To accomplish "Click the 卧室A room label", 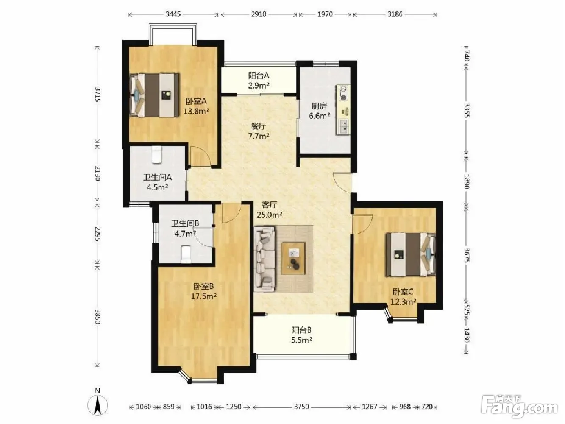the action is coord(196,101).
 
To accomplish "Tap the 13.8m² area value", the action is coord(196,111).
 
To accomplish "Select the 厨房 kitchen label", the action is coord(319,106).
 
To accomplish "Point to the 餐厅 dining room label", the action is coord(259,126).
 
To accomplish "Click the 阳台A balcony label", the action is coord(259,75).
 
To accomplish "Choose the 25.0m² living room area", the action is coord(269,215).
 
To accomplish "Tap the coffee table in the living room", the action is coord(293,258).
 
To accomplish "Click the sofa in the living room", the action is coord(264,259).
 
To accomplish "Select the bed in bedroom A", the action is coord(154,95).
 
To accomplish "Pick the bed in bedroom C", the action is coord(410,254).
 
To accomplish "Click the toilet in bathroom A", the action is coord(156,154).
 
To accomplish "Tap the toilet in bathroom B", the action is coord(186,254).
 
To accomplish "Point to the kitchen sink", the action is coord(344,127).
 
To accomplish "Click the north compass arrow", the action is coord(97,405).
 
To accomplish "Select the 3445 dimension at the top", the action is coord(173,14).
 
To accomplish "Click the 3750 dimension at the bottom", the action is coord(301,407).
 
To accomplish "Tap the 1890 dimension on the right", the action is coord(467,181).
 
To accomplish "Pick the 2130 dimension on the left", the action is coord(97,173).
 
